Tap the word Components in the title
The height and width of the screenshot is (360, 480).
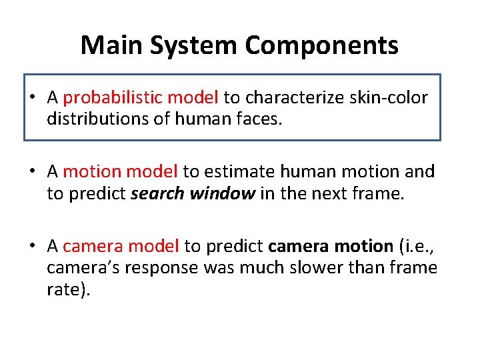coord(321,45)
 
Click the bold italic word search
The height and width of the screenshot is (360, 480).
coord(158,193)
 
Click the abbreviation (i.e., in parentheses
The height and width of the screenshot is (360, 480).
coord(417,247)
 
